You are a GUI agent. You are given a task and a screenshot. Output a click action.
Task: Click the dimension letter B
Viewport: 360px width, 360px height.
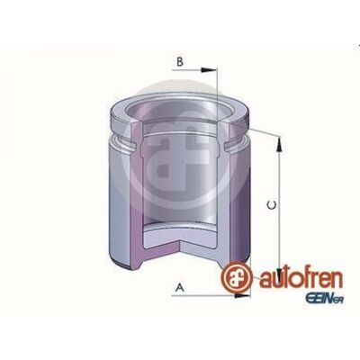tap(180, 62)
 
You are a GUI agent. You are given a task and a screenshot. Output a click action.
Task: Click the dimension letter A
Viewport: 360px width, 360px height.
tap(180, 287)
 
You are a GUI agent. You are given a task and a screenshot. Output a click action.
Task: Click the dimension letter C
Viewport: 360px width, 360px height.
tap(272, 205)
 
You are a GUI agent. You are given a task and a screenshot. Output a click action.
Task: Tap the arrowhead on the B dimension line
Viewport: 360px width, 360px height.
tap(209, 70)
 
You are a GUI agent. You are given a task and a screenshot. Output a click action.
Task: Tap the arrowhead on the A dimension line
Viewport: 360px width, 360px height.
tap(242, 296)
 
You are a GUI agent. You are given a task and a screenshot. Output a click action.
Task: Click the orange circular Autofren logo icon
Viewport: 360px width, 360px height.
tap(236, 277)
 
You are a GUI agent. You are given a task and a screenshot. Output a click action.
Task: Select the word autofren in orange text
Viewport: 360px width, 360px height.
tap(301, 278)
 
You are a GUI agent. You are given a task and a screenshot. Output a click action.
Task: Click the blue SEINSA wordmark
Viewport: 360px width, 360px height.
tap(324, 299)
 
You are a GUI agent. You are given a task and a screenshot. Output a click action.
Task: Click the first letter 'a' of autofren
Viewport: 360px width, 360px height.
tap(265, 281)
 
